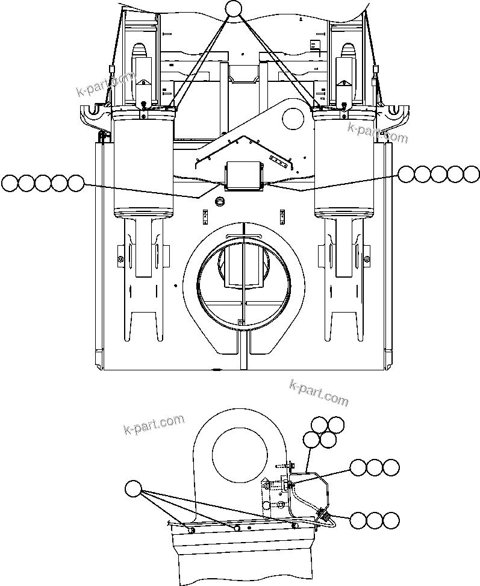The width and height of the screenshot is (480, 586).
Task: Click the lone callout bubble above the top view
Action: coord(233,8)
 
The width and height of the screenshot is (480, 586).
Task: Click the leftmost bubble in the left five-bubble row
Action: coord(10,183)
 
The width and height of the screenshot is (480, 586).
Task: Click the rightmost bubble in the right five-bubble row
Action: coord(472,173)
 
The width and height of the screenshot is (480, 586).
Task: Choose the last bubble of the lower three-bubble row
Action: coord(391,520)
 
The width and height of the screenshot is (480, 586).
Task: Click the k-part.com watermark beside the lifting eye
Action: coord(154,425)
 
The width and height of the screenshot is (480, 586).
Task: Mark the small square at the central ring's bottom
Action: coord(240,322)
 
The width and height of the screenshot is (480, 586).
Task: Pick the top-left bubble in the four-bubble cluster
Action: coord(320,425)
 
